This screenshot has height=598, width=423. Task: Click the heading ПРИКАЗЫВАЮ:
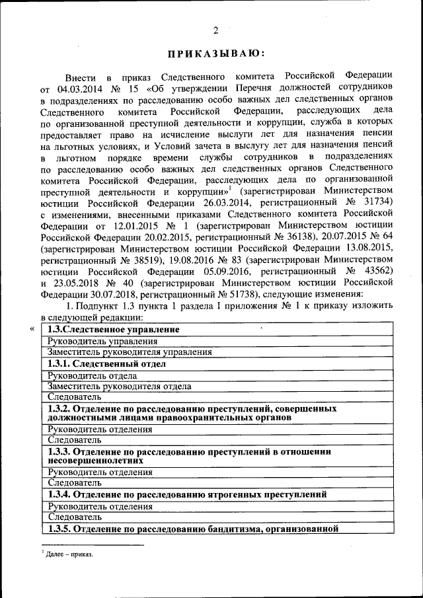click(x=215, y=54)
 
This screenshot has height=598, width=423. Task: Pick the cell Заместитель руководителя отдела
click(x=120, y=386)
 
